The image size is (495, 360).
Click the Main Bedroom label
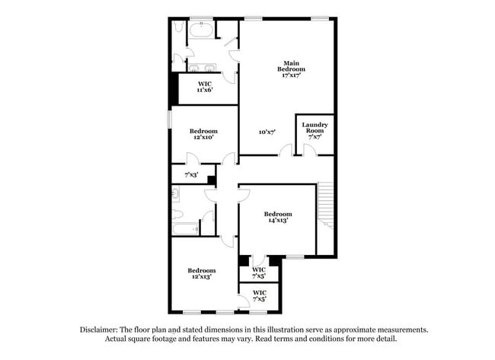(x=291, y=66)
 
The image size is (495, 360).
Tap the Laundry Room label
(x=315, y=128)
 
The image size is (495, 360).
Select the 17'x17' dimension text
(x=292, y=75)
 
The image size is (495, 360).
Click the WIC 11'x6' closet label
(x=205, y=87)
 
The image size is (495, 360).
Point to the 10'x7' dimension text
(x=267, y=132)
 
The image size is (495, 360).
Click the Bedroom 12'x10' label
(x=203, y=134)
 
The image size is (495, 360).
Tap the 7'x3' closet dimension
(x=191, y=174)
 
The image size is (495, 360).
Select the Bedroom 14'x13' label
(x=278, y=217)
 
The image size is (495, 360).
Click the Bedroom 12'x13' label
(x=202, y=273)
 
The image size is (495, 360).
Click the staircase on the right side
(x=325, y=205)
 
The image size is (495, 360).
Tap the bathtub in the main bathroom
(x=201, y=30)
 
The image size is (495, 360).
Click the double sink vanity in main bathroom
(x=203, y=68)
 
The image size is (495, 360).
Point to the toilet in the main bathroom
(x=179, y=27)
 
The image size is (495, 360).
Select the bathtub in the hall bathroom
(x=185, y=229)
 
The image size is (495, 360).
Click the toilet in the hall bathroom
(x=177, y=214)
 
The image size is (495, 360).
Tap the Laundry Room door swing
(x=310, y=149)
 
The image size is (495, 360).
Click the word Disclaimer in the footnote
(x=99, y=330)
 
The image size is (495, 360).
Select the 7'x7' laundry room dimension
(x=315, y=137)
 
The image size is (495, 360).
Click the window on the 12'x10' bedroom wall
(x=170, y=119)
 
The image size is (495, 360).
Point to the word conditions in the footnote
(x=327, y=339)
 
